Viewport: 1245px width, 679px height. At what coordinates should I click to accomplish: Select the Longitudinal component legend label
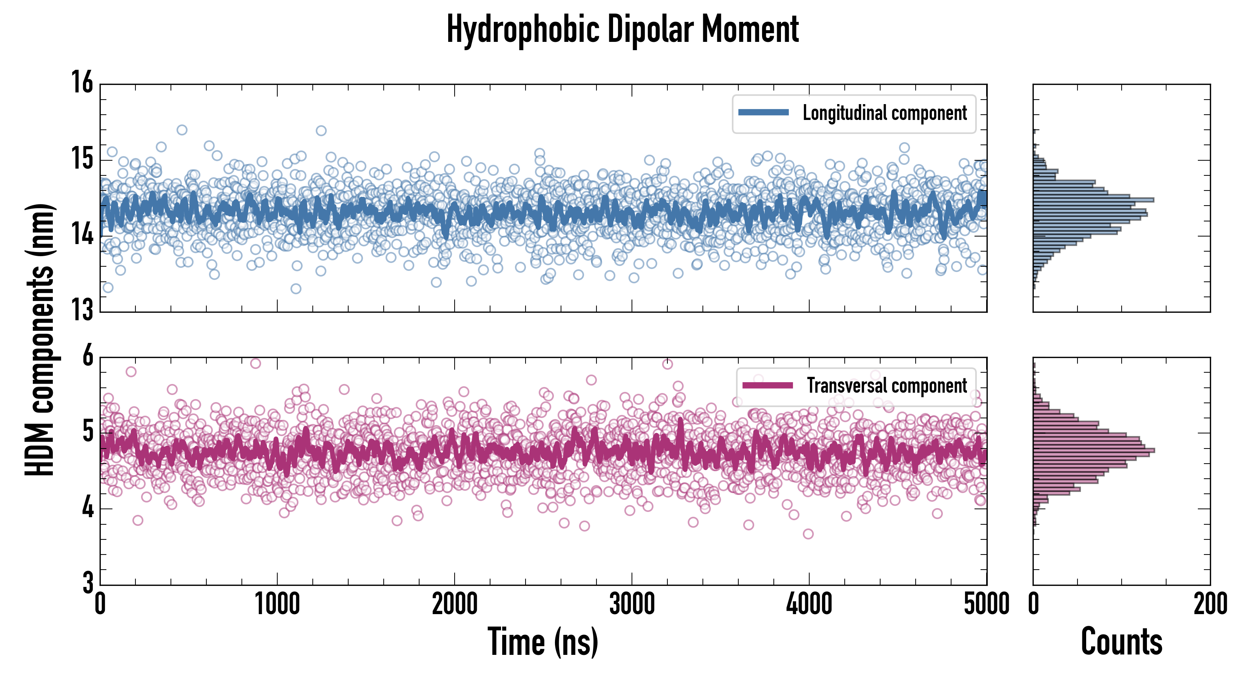point(884,113)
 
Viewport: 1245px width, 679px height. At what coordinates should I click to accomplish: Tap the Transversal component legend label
point(887,386)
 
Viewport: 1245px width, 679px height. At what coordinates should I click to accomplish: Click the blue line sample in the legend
point(763,113)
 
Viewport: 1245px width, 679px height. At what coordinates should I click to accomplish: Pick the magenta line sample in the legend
point(767,385)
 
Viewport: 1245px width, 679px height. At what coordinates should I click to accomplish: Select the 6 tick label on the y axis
point(88,356)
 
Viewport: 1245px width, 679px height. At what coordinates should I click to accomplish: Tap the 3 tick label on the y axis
point(88,582)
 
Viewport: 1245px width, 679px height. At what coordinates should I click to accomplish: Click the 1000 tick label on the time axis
point(277,604)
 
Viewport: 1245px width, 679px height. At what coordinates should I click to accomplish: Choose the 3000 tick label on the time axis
point(632,604)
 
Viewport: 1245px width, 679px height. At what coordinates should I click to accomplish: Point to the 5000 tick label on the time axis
point(986,604)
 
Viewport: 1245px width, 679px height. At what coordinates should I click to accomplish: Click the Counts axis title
point(1121,642)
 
